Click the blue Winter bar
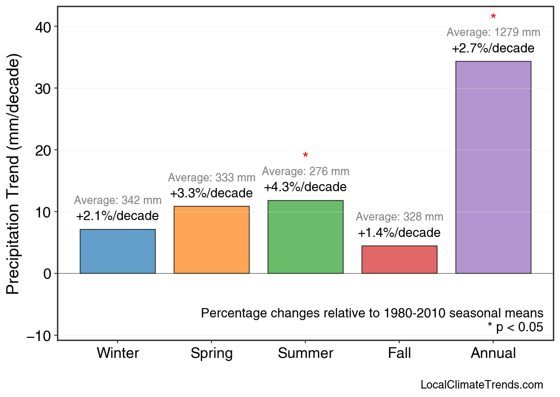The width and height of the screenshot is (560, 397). [118, 251]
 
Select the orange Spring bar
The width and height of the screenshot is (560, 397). [211, 240]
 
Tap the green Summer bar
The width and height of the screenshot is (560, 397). [305, 237]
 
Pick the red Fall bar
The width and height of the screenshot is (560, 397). [399, 260]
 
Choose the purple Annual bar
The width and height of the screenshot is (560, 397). [493, 167]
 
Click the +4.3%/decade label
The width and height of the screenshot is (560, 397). [305, 187]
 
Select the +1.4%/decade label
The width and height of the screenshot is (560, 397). [399, 233]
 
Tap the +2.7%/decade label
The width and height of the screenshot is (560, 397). [493, 48]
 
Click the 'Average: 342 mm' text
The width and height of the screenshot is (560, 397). [118, 201]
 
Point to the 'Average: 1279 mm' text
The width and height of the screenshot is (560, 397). [493, 32]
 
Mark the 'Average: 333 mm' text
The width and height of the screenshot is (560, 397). [211, 178]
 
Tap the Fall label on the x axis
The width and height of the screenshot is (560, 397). [399, 353]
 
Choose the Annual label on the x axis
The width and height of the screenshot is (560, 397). [493, 353]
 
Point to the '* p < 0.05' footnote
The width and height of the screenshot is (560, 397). [515, 327]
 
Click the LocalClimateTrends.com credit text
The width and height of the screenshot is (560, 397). [482, 385]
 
